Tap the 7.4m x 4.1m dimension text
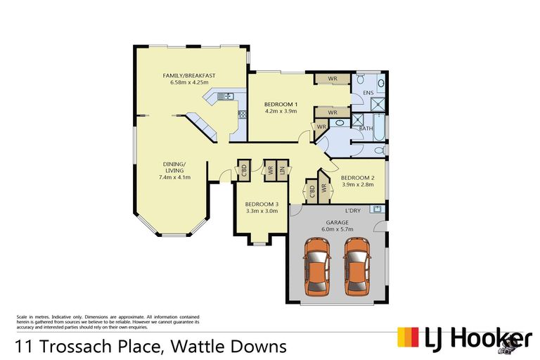(174, 177)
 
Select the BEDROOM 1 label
(281, 104)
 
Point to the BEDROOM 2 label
(358, 178)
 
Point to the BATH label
(366, 128)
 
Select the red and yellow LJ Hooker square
(406, 338)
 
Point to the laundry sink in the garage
(377, 209)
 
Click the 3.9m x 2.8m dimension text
(358, 185)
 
